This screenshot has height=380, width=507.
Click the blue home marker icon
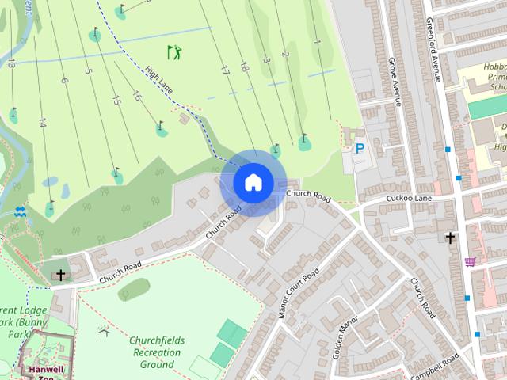pyautogui.click(x=252, y=182)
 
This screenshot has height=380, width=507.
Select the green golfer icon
pyautogui.click(x=174, y=52)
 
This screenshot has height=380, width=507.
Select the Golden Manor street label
pyautogui.click(x=346, y=336)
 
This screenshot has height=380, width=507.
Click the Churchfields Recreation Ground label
pyautogui.click(x=157, y=352)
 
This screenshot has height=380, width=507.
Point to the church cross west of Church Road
pyautogui.click(x=61, y=275)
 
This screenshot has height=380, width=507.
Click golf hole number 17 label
pyautogui.click(x=225, y=70)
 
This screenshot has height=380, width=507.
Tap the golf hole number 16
pyautogui.click(x=136, y=96)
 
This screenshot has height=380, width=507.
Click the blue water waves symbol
pyautogui.click(x=20, y=211)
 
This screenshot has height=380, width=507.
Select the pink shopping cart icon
pyautogui.click(x=471, y=261)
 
